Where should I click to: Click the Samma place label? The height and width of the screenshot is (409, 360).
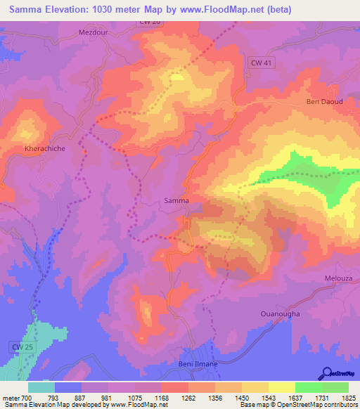(176, 200)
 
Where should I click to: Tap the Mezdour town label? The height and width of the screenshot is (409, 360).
(96, 32)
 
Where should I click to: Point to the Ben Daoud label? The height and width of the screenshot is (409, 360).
(323, 102)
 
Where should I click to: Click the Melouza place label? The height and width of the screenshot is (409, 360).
(340, 278)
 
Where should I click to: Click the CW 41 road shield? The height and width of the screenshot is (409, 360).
(262, 63)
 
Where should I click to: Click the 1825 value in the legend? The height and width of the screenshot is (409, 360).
(347, 398)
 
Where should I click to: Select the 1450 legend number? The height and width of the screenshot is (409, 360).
(241, 398)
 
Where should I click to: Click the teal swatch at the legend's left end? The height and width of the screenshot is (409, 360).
(41, 387)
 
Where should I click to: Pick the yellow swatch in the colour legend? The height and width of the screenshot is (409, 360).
(281, 387)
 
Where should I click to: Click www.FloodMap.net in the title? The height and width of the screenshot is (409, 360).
(222, 9)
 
